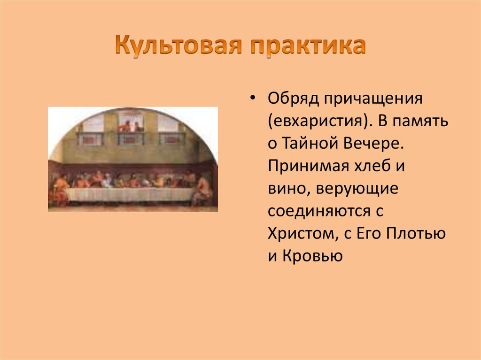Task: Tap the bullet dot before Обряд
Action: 254,100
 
